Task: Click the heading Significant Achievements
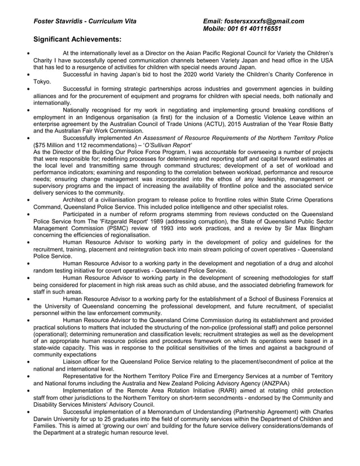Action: (x=77, y=40)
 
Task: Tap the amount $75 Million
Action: (x=52, y=144)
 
